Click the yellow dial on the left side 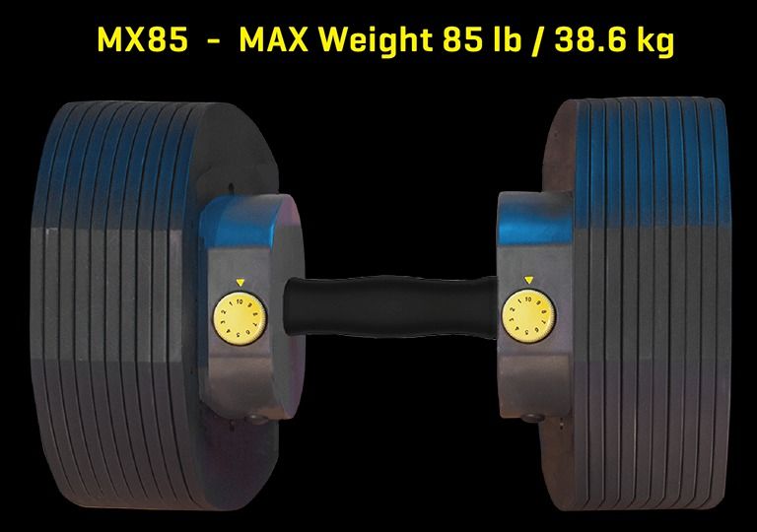click(x=235, y=314)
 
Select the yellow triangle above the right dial click(x=529, y=279)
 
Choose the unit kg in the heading click(x=651, y=41)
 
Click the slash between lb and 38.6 click(x=525, y=41)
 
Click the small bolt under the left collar click(x=259, y=421)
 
